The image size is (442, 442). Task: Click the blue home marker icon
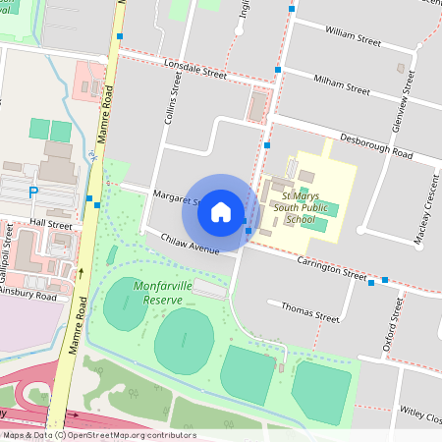click(221, 212)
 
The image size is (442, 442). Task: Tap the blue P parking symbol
click(34, 193)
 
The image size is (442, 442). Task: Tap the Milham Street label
click(340, 84)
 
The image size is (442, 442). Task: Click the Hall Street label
click(50, 224)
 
